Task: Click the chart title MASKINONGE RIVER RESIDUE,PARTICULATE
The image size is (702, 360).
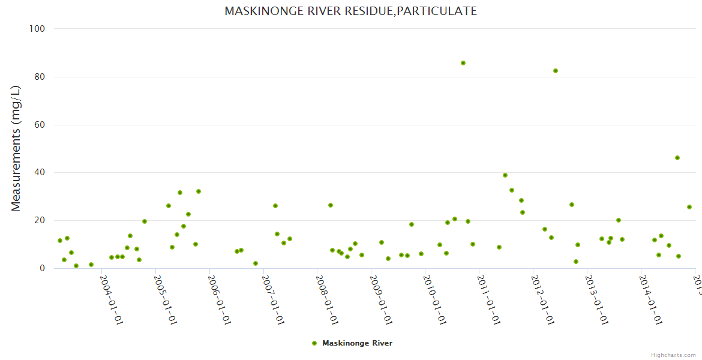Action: tap(350, 11)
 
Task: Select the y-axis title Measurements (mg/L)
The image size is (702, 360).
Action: tap(16, 148)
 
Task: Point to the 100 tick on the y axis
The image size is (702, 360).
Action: tap(37, 29)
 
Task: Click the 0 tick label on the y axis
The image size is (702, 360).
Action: tap(43, 269)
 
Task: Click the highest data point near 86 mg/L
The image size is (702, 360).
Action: tap(463, 63)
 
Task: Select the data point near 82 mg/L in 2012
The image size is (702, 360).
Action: tap(556, 71)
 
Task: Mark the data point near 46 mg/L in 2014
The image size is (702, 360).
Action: tap(677, 158)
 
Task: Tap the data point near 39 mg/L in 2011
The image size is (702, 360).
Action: tap(505, 175)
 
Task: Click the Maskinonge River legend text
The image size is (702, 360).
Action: tap(357, 343)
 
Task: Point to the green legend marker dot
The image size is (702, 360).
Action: tap(314, 343)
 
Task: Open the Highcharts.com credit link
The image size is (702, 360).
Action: tap(674, 355)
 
